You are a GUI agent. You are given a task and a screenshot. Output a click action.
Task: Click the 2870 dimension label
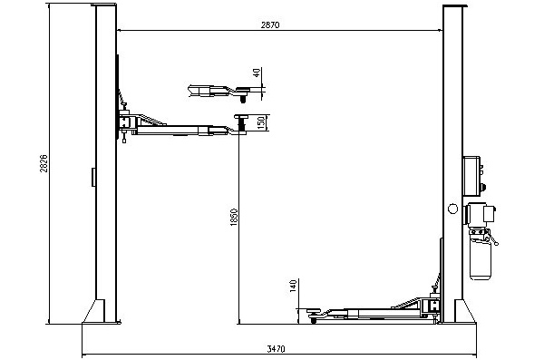(270, 25)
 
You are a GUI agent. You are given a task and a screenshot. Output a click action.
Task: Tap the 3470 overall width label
(276, 348)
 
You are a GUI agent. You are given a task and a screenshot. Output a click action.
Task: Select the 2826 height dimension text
(44, 163)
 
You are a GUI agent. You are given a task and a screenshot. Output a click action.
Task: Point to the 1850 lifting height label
(234, 218)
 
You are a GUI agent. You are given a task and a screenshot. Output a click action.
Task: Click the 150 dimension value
(261, 122)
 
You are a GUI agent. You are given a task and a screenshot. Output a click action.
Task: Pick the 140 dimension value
(293, 286)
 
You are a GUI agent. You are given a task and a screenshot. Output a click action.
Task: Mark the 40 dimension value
(257, 73)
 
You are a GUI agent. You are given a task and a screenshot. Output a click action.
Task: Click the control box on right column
(471, 176)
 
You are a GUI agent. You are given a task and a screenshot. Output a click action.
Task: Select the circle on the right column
(452, 209)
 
